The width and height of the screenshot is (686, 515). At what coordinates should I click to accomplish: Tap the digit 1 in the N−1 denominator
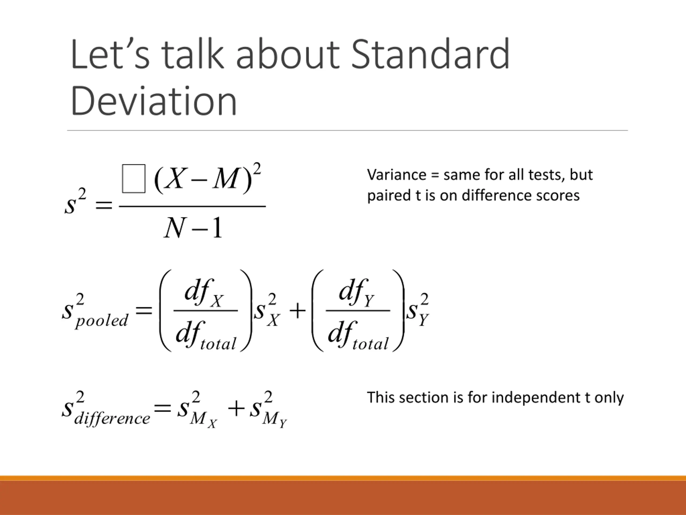click(x=218, y=227)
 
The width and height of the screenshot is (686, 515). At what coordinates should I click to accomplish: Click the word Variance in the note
click(x=397, y=175)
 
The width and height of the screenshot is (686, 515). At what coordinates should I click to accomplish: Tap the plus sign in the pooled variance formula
click(x=297, y=311)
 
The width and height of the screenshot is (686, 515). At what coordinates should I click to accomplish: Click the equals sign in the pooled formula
click(x=144, y=310)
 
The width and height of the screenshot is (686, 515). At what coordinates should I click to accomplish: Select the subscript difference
click(x=112, y=419)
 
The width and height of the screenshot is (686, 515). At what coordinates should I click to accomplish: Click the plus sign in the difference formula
click(x=236, y=409)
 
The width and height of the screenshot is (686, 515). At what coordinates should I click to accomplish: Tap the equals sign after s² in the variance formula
click(x=104, y=205)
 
